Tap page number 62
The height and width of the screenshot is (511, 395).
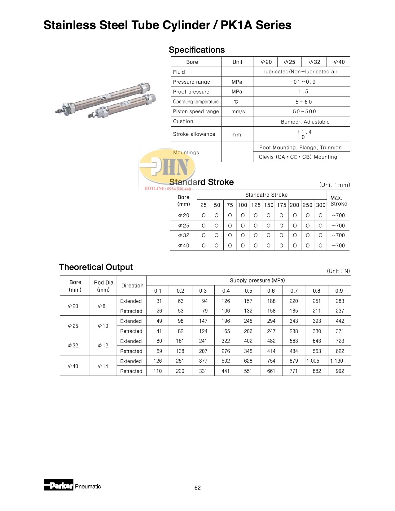[x=197, y=488]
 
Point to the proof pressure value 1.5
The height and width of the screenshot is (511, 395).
[x=303, y=92]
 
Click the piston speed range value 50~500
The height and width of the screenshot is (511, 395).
[x=305, y=111]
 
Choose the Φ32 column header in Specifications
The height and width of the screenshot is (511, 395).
[x=315, y=62]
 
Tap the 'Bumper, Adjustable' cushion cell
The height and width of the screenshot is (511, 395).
[x=305, y=122]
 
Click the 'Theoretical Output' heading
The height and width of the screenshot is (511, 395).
[x=96, y=267]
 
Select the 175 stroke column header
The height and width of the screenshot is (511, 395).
[x=282, y=205]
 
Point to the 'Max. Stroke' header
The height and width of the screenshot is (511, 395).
[x=339, y=201]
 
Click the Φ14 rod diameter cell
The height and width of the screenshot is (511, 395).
[x=103, y=366]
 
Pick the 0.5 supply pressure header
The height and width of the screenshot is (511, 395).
[x=248, y=291]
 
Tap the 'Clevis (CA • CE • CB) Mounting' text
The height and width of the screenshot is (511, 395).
[x=298, y=157]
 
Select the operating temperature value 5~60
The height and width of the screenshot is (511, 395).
[x=304, y=102]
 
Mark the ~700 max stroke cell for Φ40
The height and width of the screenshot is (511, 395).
[x=338, y=246]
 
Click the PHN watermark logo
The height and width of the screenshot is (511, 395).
[x=168, y=167]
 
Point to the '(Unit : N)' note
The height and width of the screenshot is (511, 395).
[x=338, y=271]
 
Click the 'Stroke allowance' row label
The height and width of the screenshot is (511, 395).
[x=194, y=134]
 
